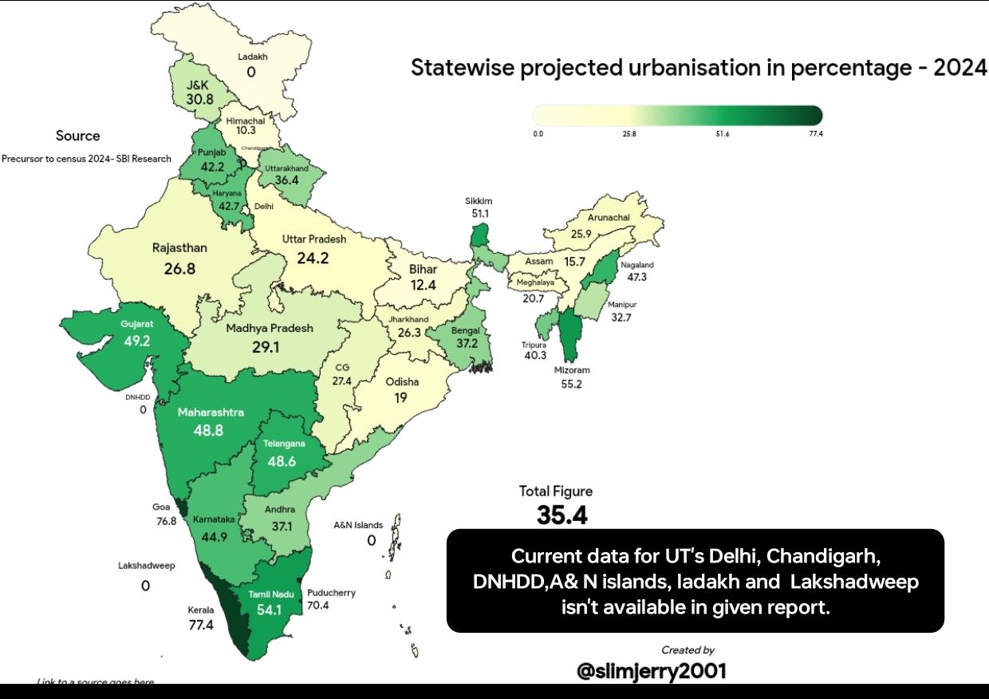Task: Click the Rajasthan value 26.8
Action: [179, 269]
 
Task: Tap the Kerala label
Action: [201, 610]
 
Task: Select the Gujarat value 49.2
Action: [136, 341]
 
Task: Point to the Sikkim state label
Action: [479, 201]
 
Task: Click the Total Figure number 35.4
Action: [561, 515]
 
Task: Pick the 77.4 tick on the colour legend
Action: [814, 134]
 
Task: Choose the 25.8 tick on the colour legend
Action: [629, 134]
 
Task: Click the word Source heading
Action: [78, 136]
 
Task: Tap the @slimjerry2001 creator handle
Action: [652, 671]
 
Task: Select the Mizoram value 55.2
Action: [572, 384]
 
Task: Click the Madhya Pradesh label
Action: [270, 328]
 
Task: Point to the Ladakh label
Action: [253, 57]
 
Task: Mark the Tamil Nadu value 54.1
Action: [269, 610]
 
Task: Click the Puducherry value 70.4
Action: [318, 606]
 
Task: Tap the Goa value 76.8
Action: [166, 521]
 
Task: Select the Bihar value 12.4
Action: [423, 285]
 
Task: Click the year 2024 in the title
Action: [960, 69]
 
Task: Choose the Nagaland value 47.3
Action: [636, 277]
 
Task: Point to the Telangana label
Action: [284, 444]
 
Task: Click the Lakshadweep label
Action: [146, 566]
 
